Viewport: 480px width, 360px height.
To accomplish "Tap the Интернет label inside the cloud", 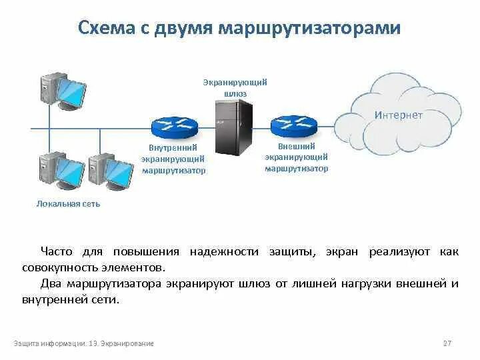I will coord(399,115).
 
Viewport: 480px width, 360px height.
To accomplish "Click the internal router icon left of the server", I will coord(173,125).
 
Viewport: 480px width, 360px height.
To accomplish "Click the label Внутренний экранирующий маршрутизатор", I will coord(173,159).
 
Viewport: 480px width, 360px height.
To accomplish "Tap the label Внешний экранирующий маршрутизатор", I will coord(296,157).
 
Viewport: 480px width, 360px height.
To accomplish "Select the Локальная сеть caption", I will coord(68,203).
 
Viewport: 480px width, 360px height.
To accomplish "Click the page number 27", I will coord(447,343).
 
